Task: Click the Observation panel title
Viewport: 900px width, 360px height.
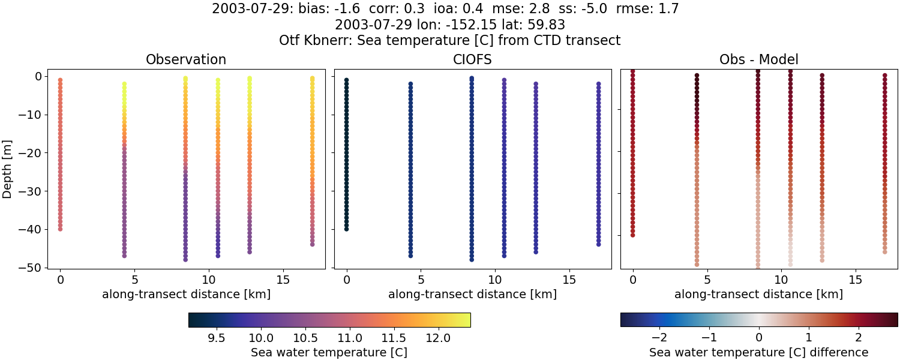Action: click(x=186, y=60)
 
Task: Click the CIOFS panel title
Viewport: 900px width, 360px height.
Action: click(x=472, y=60)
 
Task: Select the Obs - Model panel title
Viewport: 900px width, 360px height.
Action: click(x=758, y=60)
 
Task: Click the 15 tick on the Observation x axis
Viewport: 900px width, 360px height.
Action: click(x=283, y=280)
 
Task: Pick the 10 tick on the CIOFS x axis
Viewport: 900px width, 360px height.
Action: click(x=494, y=280)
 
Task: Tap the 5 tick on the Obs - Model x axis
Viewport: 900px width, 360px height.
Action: click(x=707, y=280)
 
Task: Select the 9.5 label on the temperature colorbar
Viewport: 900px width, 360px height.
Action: click(x=216, y=338)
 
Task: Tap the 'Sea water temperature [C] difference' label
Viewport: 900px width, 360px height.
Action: click(x=758, y=352)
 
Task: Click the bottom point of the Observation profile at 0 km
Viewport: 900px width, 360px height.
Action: click(x=60, y=229)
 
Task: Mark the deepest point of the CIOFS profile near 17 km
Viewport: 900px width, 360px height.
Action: click(x=598, y=244)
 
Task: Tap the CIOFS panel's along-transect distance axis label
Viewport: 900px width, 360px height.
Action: click(x=472, y=295)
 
